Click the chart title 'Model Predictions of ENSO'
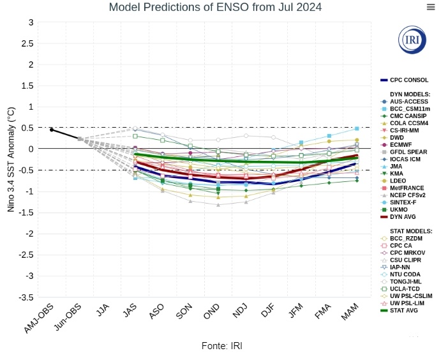pyautogui.click(x=215, y=7)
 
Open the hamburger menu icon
pyautogui.click(x=431, y=6)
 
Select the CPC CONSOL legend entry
pyautogui.click(x=408, y=80)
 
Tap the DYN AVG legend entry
pyautogui.click(x=403, y=216)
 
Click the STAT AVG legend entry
pyautogui.click(x=404, y=310)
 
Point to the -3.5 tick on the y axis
pyautogui.click(x=25, y=297)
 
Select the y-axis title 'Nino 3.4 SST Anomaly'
pyautogui.click(x=11, y=159)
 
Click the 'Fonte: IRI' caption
pyautogui.click(x=221, y=345)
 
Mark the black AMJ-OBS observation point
pyautogui.click(x=52, y=130)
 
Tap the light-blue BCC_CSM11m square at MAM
pyautogui.click(x=357, y=128)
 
